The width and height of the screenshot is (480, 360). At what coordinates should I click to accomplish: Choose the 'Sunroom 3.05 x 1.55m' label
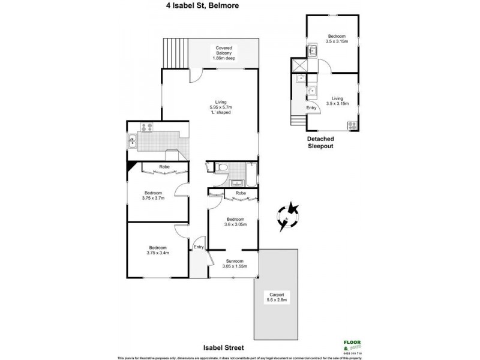tap(234, 264)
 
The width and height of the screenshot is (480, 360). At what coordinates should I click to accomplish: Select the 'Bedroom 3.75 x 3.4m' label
tap(157, 250)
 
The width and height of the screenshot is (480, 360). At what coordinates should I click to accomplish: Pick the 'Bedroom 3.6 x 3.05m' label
tap(234, 223)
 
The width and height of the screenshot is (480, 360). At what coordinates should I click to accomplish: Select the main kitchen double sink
tap(133, 142)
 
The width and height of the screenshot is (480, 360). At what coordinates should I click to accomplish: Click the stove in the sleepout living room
tap(352, 125)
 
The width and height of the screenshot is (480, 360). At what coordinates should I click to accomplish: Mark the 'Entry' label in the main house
tap(199, 247)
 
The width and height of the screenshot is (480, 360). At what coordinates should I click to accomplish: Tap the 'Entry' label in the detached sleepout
tap(311, 107)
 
